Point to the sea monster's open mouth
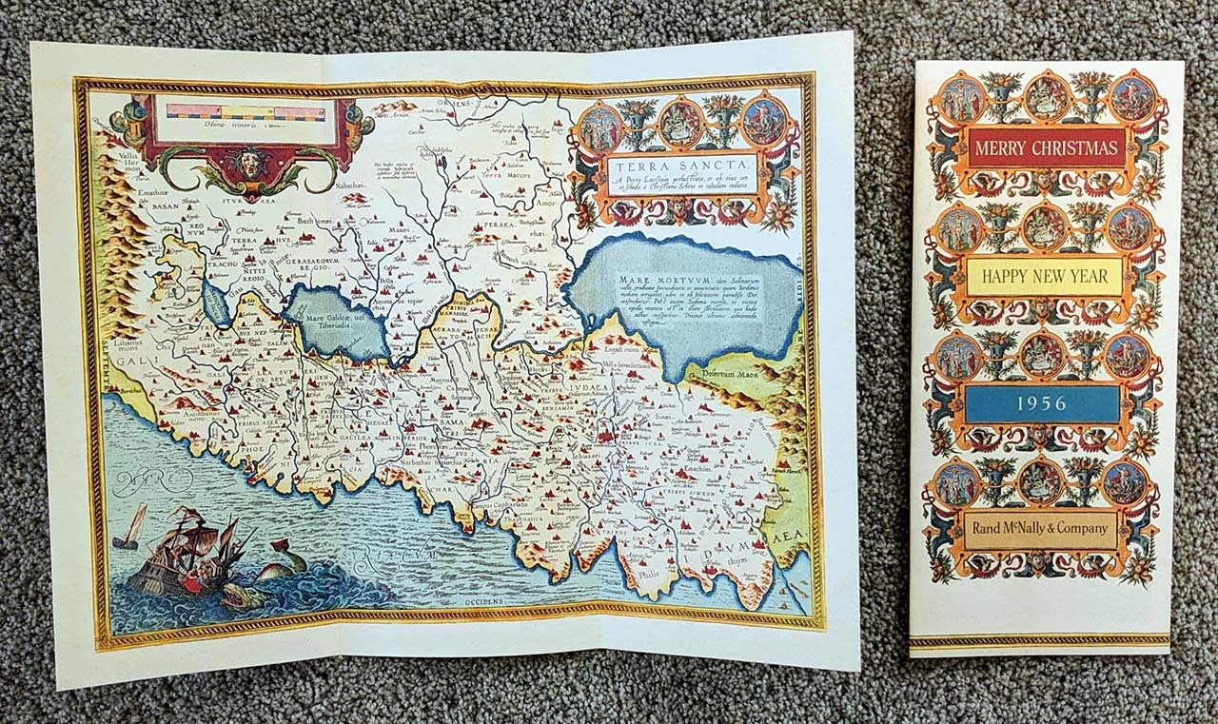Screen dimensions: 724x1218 pyautogui.click(x=234, y=596)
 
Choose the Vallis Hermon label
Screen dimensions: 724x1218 pyautogui.click(x=124, y=159)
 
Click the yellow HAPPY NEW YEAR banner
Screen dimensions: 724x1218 pyautogui.click(x=1045, y=277)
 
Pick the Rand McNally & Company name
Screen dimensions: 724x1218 pyautogui.click(x=1040, y=529)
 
